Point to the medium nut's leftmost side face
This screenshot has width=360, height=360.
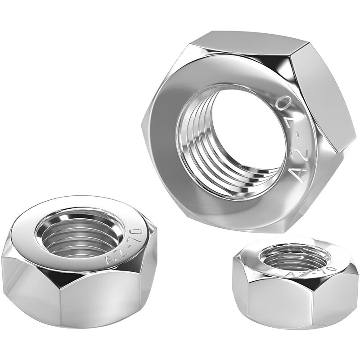pyautogui.click(x=20, y=283)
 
